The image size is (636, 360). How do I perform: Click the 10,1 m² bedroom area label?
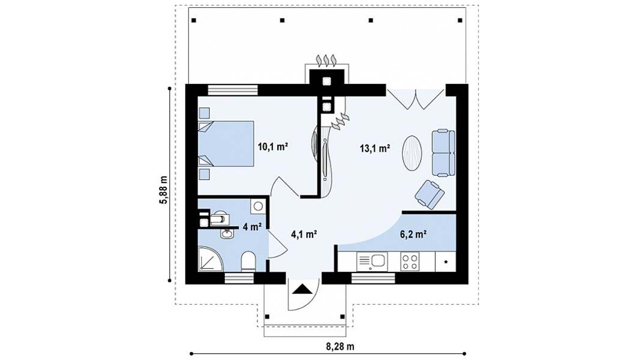[273, 146]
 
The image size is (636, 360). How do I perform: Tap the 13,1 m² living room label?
[375, 148]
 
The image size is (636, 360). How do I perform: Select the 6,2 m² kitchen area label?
[413, 234]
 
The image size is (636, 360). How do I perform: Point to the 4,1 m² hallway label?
[304, 234]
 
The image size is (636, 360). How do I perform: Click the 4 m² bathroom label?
[252, 227]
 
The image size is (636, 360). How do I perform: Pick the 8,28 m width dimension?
[340, 347]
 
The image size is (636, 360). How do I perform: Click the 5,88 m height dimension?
[163, 191]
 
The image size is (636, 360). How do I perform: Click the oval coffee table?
[412, 153]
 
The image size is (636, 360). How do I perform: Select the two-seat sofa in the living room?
[443, 153]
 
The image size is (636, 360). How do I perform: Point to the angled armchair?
[429, 194]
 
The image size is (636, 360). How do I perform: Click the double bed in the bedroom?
[226, 143]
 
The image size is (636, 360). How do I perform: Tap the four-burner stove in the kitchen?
[409, 262]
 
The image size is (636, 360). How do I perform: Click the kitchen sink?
[372, 262]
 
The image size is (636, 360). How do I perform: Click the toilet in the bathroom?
[248, 262]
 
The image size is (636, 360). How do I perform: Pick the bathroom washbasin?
[227, 233]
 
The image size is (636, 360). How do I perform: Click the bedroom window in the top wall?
[233, 89]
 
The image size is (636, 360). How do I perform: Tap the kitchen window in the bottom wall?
[373, 278]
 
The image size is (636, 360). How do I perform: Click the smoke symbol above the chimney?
[326, 60]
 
